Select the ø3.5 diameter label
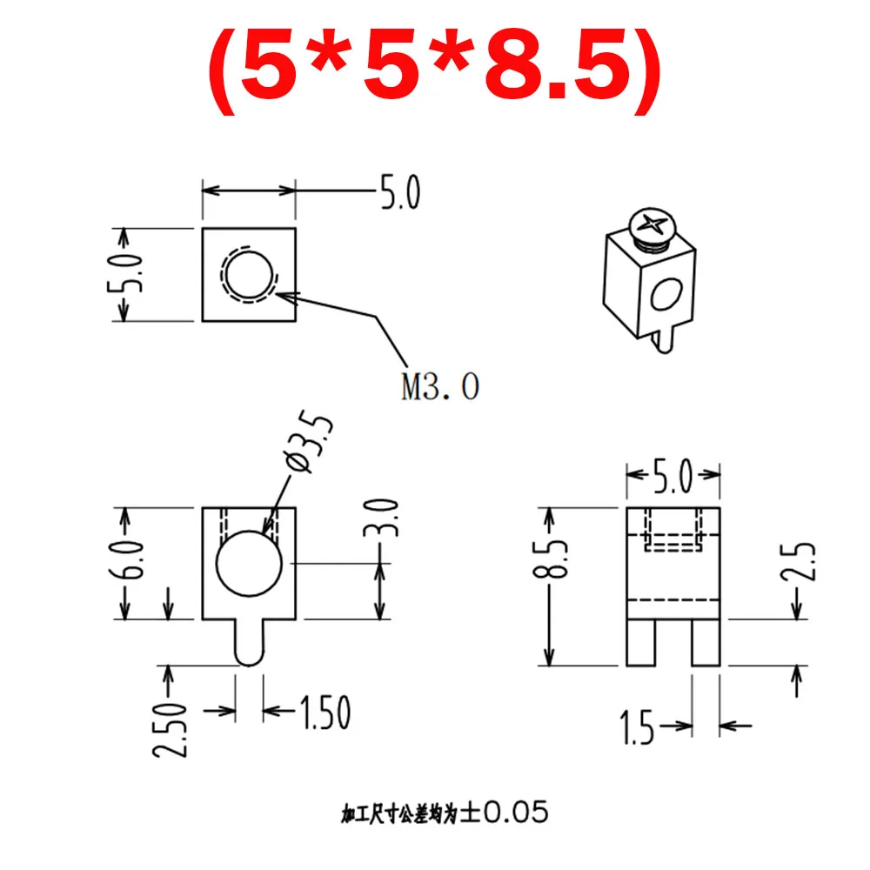311,445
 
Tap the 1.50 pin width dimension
324,713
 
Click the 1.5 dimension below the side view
638,727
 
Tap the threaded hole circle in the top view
250,274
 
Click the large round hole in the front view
250,563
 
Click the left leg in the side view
640,643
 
